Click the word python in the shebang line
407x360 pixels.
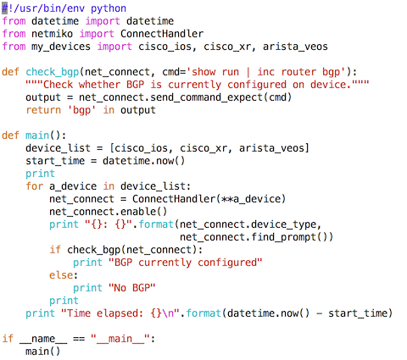pyautogui.click(x=109, y=8)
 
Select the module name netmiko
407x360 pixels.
pyautogui.click(x=52, y=34)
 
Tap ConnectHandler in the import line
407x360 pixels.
pyautogui.click(x=162, y=34)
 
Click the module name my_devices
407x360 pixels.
pyautogui.click(x=61, y=47)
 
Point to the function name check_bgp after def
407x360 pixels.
pyautogui.click(x=53, y=72)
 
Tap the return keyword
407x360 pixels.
pyautogui.click(x=43, y=110)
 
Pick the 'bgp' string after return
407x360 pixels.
pyautogui.click(x=81, y=110)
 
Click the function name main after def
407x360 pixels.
pyautogui.click(x=37, y=136)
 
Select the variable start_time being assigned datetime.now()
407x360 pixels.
pyautogui.click(x=55, y=161)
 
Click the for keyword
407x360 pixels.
pyautogui.click(x=35, y=186)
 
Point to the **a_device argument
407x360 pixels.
pyautogui.click(x=251, y=199)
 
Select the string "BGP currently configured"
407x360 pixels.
pyautogui.click(x=186, y=263)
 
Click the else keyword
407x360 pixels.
pyautogui.click(x=61, y=275)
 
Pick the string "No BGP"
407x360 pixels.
pyautogui.click(x=132, y=288)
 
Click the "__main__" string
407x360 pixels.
pyautogui.click(x=120, y=339)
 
